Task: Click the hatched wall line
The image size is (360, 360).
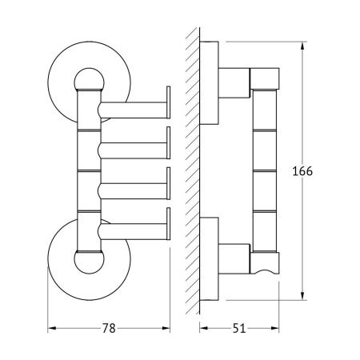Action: click(x=189, y=172)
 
